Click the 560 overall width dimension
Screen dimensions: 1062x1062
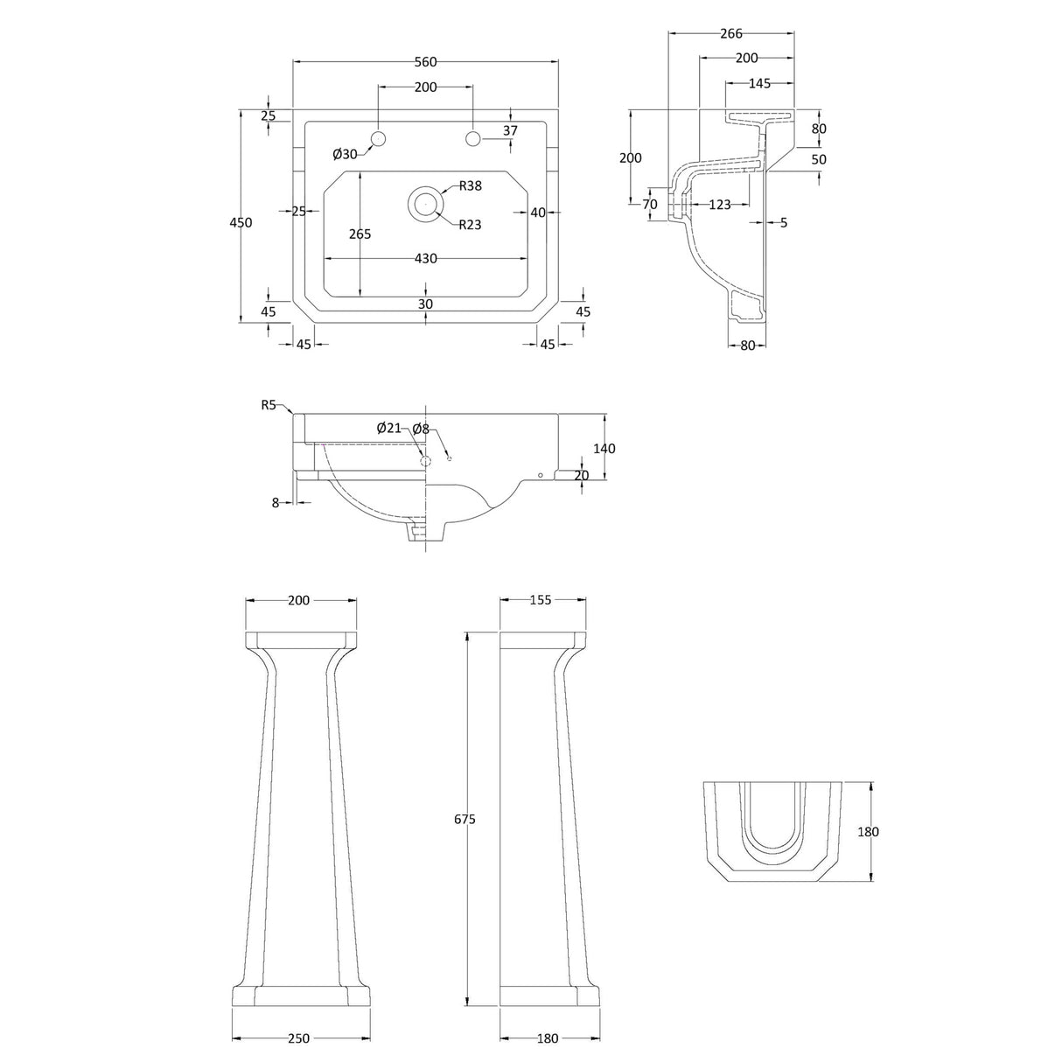coord(425,61)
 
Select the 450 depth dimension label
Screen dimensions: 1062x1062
coord(241,222)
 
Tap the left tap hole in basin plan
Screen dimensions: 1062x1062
coord(379,138)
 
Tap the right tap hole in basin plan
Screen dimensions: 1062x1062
coord(473,138)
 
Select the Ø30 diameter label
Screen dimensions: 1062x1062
coord(345,154)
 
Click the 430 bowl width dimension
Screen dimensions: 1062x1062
coord(425,259)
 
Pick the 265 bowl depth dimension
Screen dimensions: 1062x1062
coord(360,234)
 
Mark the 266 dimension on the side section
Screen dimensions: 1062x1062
coord(730,34)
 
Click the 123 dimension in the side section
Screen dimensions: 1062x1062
coord(719,205)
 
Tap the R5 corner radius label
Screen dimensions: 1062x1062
coord(269,404)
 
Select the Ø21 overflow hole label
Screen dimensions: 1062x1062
coord(389,428)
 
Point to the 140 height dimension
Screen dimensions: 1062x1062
coord(604,449)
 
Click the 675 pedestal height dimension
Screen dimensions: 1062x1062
coord(465,819)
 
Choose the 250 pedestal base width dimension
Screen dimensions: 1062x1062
coord(298,1038)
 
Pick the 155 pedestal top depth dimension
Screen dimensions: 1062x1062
coord(541,600)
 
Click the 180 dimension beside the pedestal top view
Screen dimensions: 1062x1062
coord(868,832)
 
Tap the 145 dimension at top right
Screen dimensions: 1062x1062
coord(759,83)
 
